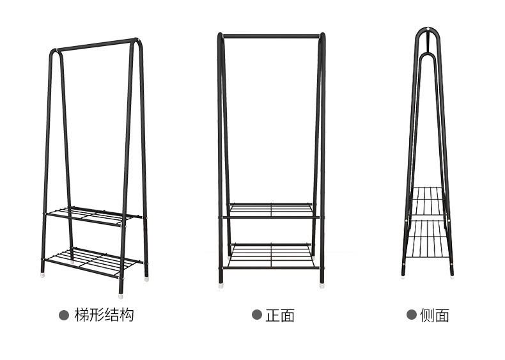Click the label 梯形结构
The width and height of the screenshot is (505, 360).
pos(104,315)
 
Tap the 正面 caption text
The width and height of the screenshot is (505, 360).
pos(280,315)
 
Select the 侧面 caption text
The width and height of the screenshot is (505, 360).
pos(435,315)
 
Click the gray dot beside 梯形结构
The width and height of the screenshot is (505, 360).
pos(64,315)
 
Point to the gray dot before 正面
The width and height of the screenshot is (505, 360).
pos(256,315)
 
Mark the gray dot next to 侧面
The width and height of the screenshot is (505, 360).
pos(412,315)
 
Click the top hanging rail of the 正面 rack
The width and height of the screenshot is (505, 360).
pos(271,36)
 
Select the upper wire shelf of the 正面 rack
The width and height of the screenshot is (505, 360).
pos(271,210)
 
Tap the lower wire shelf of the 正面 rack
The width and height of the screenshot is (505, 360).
pos(271,255)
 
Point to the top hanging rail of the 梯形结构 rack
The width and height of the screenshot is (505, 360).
pos(96,44)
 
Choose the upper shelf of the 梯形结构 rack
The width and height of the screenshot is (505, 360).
pos(96,215)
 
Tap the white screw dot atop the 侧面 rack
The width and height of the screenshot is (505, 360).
pos(427,30)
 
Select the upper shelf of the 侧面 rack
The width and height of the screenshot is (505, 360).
pos(427,202)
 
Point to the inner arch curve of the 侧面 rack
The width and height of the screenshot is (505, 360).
pos(427,55)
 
